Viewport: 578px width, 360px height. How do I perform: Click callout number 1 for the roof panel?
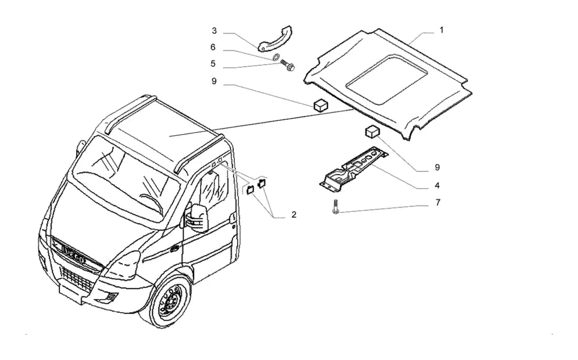coord(441,30)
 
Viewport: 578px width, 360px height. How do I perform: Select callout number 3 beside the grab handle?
coord(214,30)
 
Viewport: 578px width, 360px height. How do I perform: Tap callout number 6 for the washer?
coord(213,47)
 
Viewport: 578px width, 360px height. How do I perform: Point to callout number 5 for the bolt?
coord(213,64)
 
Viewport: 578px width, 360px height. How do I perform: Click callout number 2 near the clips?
coord(294,214)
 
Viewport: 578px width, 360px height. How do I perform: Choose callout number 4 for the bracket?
coord(437,185)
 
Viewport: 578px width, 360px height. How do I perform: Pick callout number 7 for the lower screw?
coord(438,202)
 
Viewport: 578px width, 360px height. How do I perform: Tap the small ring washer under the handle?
coord(275,57)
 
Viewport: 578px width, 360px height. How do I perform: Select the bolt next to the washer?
coord(288,65)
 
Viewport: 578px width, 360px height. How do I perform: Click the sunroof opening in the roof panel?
coord(387,79)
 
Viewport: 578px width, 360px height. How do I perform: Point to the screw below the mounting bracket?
coord(335,206)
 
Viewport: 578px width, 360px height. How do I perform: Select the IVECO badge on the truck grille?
coord(74,254)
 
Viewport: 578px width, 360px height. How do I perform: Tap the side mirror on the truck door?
coord(198,218)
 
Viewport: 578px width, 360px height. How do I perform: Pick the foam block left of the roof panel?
coord(321,105)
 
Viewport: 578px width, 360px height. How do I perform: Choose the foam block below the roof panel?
coord(373,131)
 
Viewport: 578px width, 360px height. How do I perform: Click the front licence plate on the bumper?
coord(71,294)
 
